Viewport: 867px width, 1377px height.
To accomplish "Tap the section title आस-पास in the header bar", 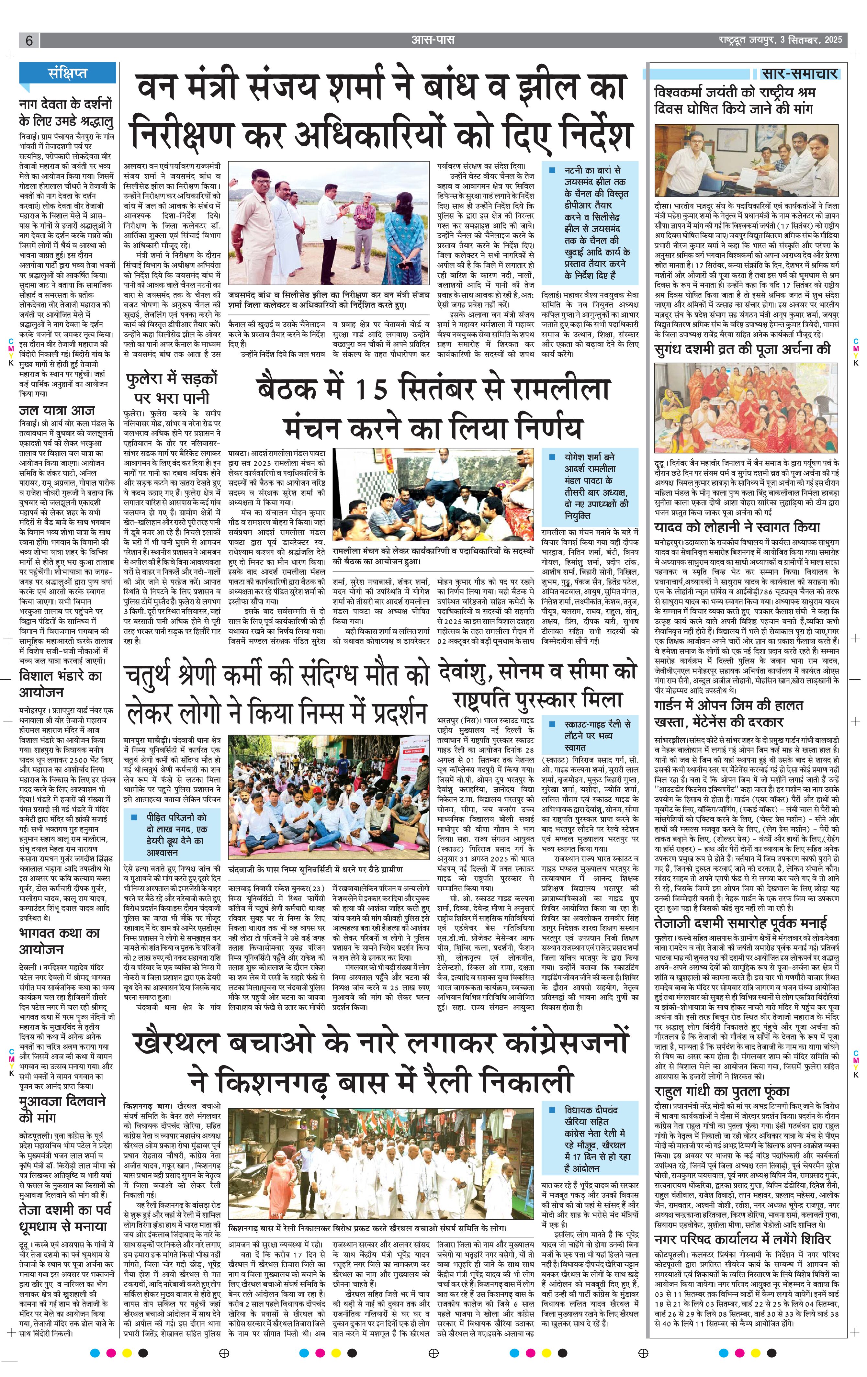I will (433, 40).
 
